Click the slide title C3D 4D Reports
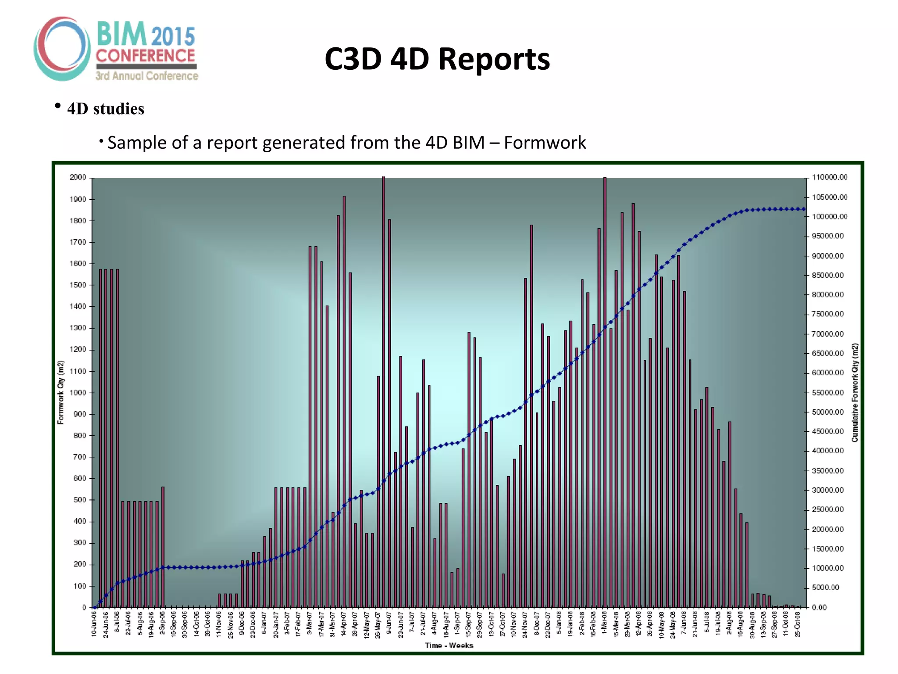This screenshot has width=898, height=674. pos(437,59)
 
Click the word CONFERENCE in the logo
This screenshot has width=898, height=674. pos(145,56)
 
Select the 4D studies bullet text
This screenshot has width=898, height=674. pos(105,109)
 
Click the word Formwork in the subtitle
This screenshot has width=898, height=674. pos(545,143)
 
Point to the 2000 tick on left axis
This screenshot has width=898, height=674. pos(78,177)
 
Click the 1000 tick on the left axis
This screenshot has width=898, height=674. pos(78,393)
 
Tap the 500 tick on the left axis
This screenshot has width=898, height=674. pos(80,500)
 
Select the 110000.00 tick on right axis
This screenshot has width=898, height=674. pos(830,177)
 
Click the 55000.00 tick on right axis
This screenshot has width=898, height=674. pos(828,392)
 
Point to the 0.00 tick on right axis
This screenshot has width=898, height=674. pos(819,607)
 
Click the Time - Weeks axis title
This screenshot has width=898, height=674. pos(449,645)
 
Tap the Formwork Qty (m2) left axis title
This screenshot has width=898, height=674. pos(61,392)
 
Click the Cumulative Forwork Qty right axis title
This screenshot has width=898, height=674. pos(855,392)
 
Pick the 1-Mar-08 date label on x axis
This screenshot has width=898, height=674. pos(604,624)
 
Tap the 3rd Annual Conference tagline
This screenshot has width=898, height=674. pos(147,76)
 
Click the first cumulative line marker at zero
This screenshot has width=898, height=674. pos(95,607)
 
